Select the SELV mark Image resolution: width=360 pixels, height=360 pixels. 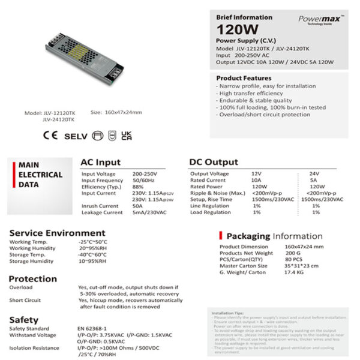click(x=76, y=135)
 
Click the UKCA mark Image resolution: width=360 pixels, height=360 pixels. click(x=127, y=135)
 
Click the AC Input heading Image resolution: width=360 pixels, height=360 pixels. click(x=100, y=162)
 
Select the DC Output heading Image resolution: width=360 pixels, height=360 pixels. click(x=214, y=162)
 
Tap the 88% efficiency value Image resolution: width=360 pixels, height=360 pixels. click(x=139, y=186)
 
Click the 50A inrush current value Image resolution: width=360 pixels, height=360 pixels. click(x=139, y=205)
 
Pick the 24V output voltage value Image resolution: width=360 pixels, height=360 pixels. click(x=314, y=173)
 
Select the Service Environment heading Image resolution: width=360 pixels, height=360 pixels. click(x=57, y=233)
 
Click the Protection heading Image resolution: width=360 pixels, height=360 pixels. click(x=32, y=279)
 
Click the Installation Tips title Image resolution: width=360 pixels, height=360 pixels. click(x=226, y=313)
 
